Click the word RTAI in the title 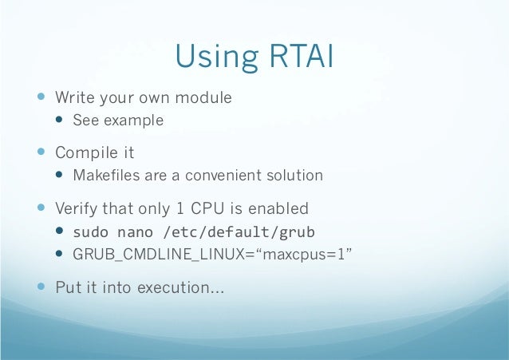(x=302, y=56)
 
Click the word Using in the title (x=217, y=57)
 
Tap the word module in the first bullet (x=203, y=97)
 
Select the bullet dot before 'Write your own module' (x=41, y=96)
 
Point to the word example (x=134, y=121)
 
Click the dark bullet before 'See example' (x=59, y=120)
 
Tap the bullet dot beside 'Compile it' (x=41, y=152)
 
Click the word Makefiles (x=106, y=175)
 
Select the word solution (x=294, y=175)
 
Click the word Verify (x=76, y=208)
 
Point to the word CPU (x=207, y=208)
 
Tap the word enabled (x=278, y=208)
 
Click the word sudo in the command (x=91, y=232)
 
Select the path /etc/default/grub (x=239, y=232)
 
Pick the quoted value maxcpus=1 (x=304, y=255)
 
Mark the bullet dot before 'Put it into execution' (x=41, y=287)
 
